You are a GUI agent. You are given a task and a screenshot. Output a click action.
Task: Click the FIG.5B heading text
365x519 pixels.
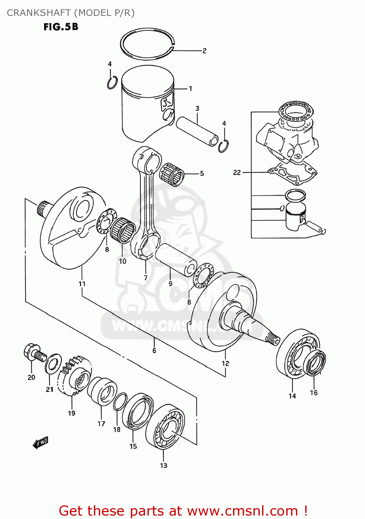[x=61, y=27]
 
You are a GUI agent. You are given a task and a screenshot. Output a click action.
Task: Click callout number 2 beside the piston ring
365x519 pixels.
[x=204, y=51]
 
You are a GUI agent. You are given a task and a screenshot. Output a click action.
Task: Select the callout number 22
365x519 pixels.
[x=237, y=172]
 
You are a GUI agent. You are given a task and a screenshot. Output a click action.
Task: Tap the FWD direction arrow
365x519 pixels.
[x=41, y=443]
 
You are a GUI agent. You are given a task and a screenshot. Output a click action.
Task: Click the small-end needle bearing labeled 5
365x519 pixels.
[x=173, y=174]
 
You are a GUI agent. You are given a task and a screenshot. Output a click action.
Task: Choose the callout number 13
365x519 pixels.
[x=164, y=466]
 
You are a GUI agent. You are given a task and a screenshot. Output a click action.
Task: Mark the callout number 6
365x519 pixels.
[x=154, y=350]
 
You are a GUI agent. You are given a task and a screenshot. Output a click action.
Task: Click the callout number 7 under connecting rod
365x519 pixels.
[x=146, y=277]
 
